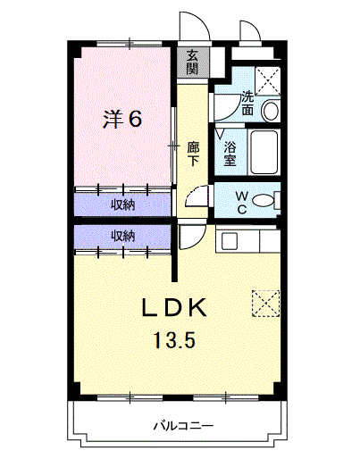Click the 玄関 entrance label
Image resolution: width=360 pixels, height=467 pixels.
[x=192, y=63]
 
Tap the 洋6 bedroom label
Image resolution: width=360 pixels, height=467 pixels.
[x=122, y=119]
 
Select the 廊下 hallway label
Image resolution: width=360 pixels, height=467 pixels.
[x=193, y=154]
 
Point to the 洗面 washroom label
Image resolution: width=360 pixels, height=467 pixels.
[x=247, y=103]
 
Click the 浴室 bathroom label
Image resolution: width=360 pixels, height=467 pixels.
[x=230, y=154]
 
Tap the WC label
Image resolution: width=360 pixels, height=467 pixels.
[x=242, y=203]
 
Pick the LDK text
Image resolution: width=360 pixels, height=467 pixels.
[x=174, y=307]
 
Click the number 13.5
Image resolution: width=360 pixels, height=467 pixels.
[x=174, y=340]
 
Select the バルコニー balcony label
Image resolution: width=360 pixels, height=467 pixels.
[x=183, y=426]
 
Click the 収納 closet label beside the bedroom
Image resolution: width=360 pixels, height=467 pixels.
[x=123, y=204]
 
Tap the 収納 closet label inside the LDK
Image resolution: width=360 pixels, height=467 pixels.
[x=123, y=237]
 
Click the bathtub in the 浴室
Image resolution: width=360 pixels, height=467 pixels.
[x=264, y=152]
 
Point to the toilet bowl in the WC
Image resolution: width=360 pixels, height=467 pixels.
[x=264, y=200]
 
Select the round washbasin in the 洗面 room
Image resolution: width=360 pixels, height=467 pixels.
[x=271, y=111]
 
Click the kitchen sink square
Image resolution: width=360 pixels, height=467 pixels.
[x=230, y=241]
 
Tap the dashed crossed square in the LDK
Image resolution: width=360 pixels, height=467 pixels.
[x=266, y=304]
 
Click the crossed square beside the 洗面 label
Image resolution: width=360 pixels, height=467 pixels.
[x=268, y=81]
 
